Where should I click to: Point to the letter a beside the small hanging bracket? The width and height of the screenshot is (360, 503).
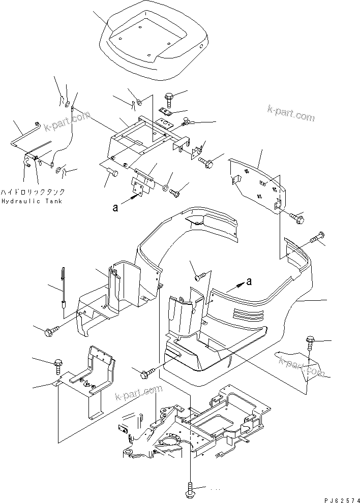116,207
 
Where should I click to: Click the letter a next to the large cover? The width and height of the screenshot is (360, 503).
249,281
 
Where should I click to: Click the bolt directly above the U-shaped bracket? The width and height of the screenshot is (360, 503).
57,365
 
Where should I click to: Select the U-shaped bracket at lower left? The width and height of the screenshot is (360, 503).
89,379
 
